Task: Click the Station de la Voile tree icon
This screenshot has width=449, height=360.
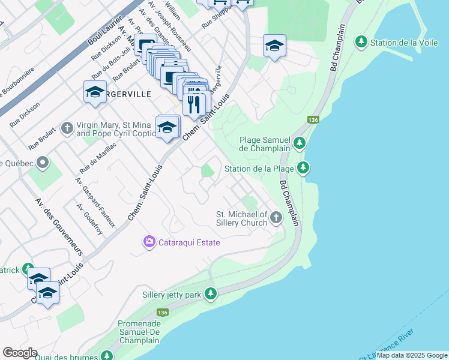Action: tap(361, 42)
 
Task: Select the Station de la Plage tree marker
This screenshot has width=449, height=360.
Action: tap(304, 168)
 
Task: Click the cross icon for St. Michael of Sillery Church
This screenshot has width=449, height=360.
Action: tap(276, 217)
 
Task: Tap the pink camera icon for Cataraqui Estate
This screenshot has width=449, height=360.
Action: tap(148, 242)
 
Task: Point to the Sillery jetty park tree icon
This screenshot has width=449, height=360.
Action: tap(210, 293)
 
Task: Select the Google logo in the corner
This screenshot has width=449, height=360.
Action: tap(20, 353)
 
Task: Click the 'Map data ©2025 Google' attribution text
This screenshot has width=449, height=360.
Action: tap(412, 355)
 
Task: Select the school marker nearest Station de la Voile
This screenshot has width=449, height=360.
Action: tap(274, 46)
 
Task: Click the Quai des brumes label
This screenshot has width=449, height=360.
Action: tap(66, 356)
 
